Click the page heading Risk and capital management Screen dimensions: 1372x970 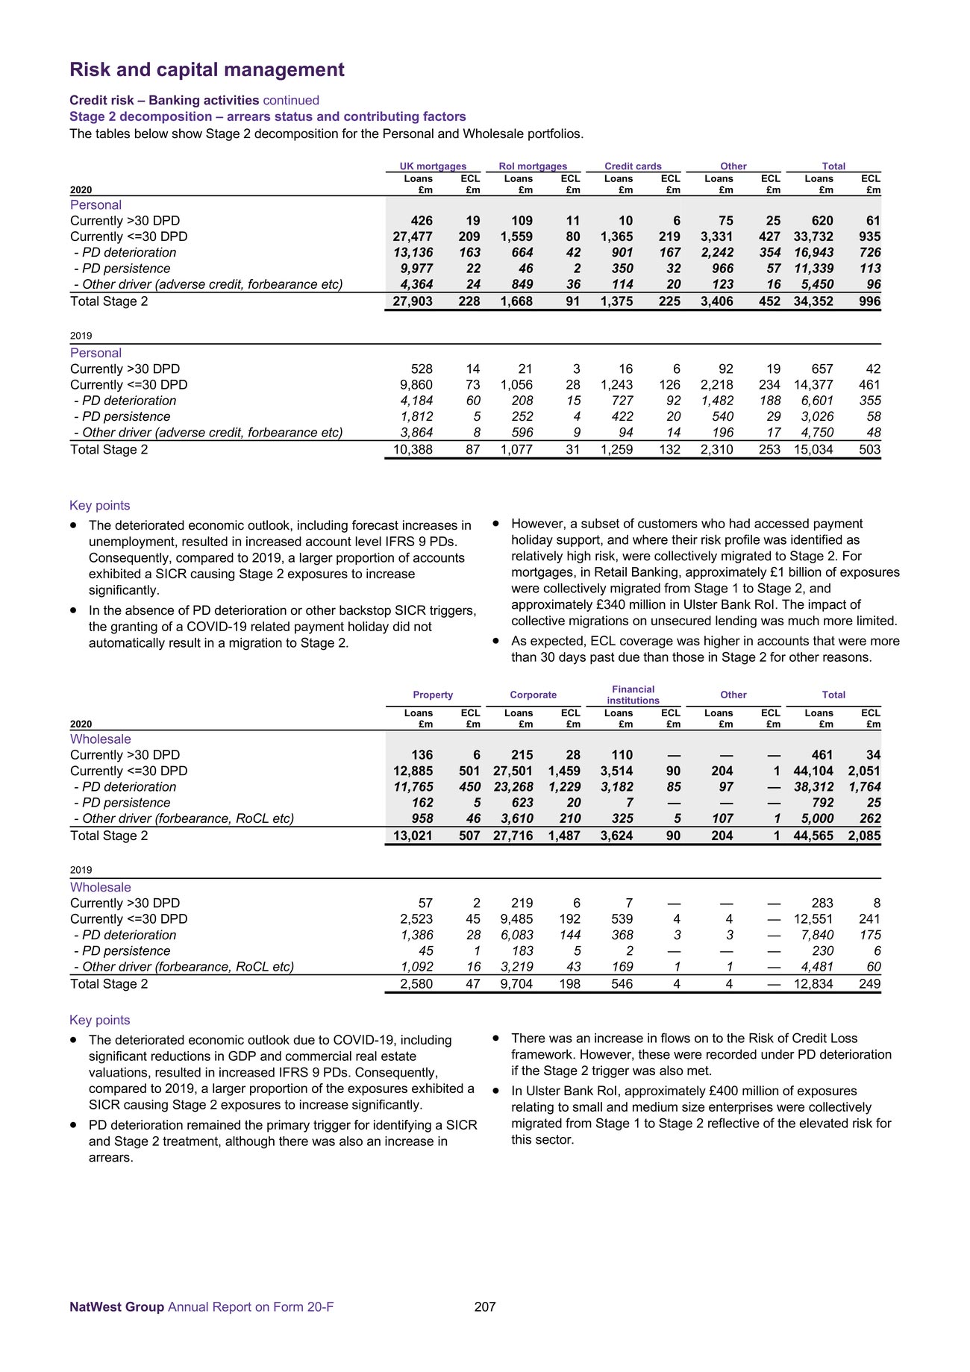pyautogui.click(x=207, y=69)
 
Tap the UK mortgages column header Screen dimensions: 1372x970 pyautogui.click(x=433, y=166)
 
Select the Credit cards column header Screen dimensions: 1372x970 pyautogui.click(x=633, y=166)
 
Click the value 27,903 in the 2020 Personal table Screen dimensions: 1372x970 pyautogui.click(x=413, y=301)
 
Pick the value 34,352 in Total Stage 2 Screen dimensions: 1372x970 pyautogui.click(x=813, y=301)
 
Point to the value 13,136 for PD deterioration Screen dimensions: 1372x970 pyautogui.click(x=413, y=253)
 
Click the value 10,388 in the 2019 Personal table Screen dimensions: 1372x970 pyautogui.click(x=413, y=450)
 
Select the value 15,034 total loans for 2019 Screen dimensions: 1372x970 pyautogui.click(x=813, y=450)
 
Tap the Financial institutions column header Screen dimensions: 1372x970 pyautogui.click(x=633, y=695)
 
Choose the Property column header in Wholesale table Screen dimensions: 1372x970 pyautogui.click(x=433, y=695)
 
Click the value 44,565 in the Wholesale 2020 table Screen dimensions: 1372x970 pyautogui.click(x=813, y=836)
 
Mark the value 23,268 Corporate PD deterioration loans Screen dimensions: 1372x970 pyautogui.click(x=513, y=787)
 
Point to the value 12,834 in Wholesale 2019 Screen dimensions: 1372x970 pyautogui.click(x=813, y=984)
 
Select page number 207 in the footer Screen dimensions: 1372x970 pyautogui.click(x=485, y=1307)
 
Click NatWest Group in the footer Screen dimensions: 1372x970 pyautogui.click(x=116, y=1307)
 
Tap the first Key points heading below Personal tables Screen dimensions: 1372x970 pyautogui.click(x=99, y=506)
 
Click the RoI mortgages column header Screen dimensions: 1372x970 pyautogui.click(x=533, y=166)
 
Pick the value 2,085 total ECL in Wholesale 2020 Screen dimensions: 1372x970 pyautogui.click(x=864, y=836)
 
